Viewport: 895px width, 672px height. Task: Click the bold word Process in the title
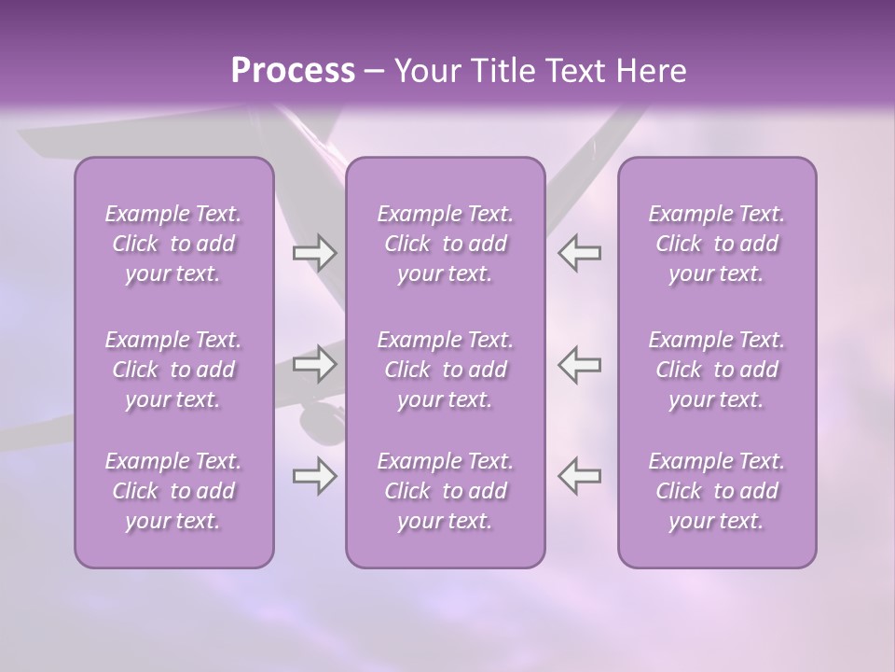pos(293,71)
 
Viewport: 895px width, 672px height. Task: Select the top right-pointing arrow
pos(314,253)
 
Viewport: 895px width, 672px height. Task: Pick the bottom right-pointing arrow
pos(314,476)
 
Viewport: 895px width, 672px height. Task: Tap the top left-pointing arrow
pos(580,253)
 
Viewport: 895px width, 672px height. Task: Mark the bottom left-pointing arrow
pos(580,476)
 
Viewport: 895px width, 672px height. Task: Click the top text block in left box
pos(173,244)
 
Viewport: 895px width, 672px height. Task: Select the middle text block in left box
pos(173,370)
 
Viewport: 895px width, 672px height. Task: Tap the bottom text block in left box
pos(173,491)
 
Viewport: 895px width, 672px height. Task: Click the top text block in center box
pos(445,244)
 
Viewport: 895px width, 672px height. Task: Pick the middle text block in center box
pos(445,370)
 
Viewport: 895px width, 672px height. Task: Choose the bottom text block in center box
pos(445,491)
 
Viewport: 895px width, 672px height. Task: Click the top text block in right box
pos(716,244)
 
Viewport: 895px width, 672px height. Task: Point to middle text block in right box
pos(716,370)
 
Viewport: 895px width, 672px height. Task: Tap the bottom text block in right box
pos(716,491)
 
